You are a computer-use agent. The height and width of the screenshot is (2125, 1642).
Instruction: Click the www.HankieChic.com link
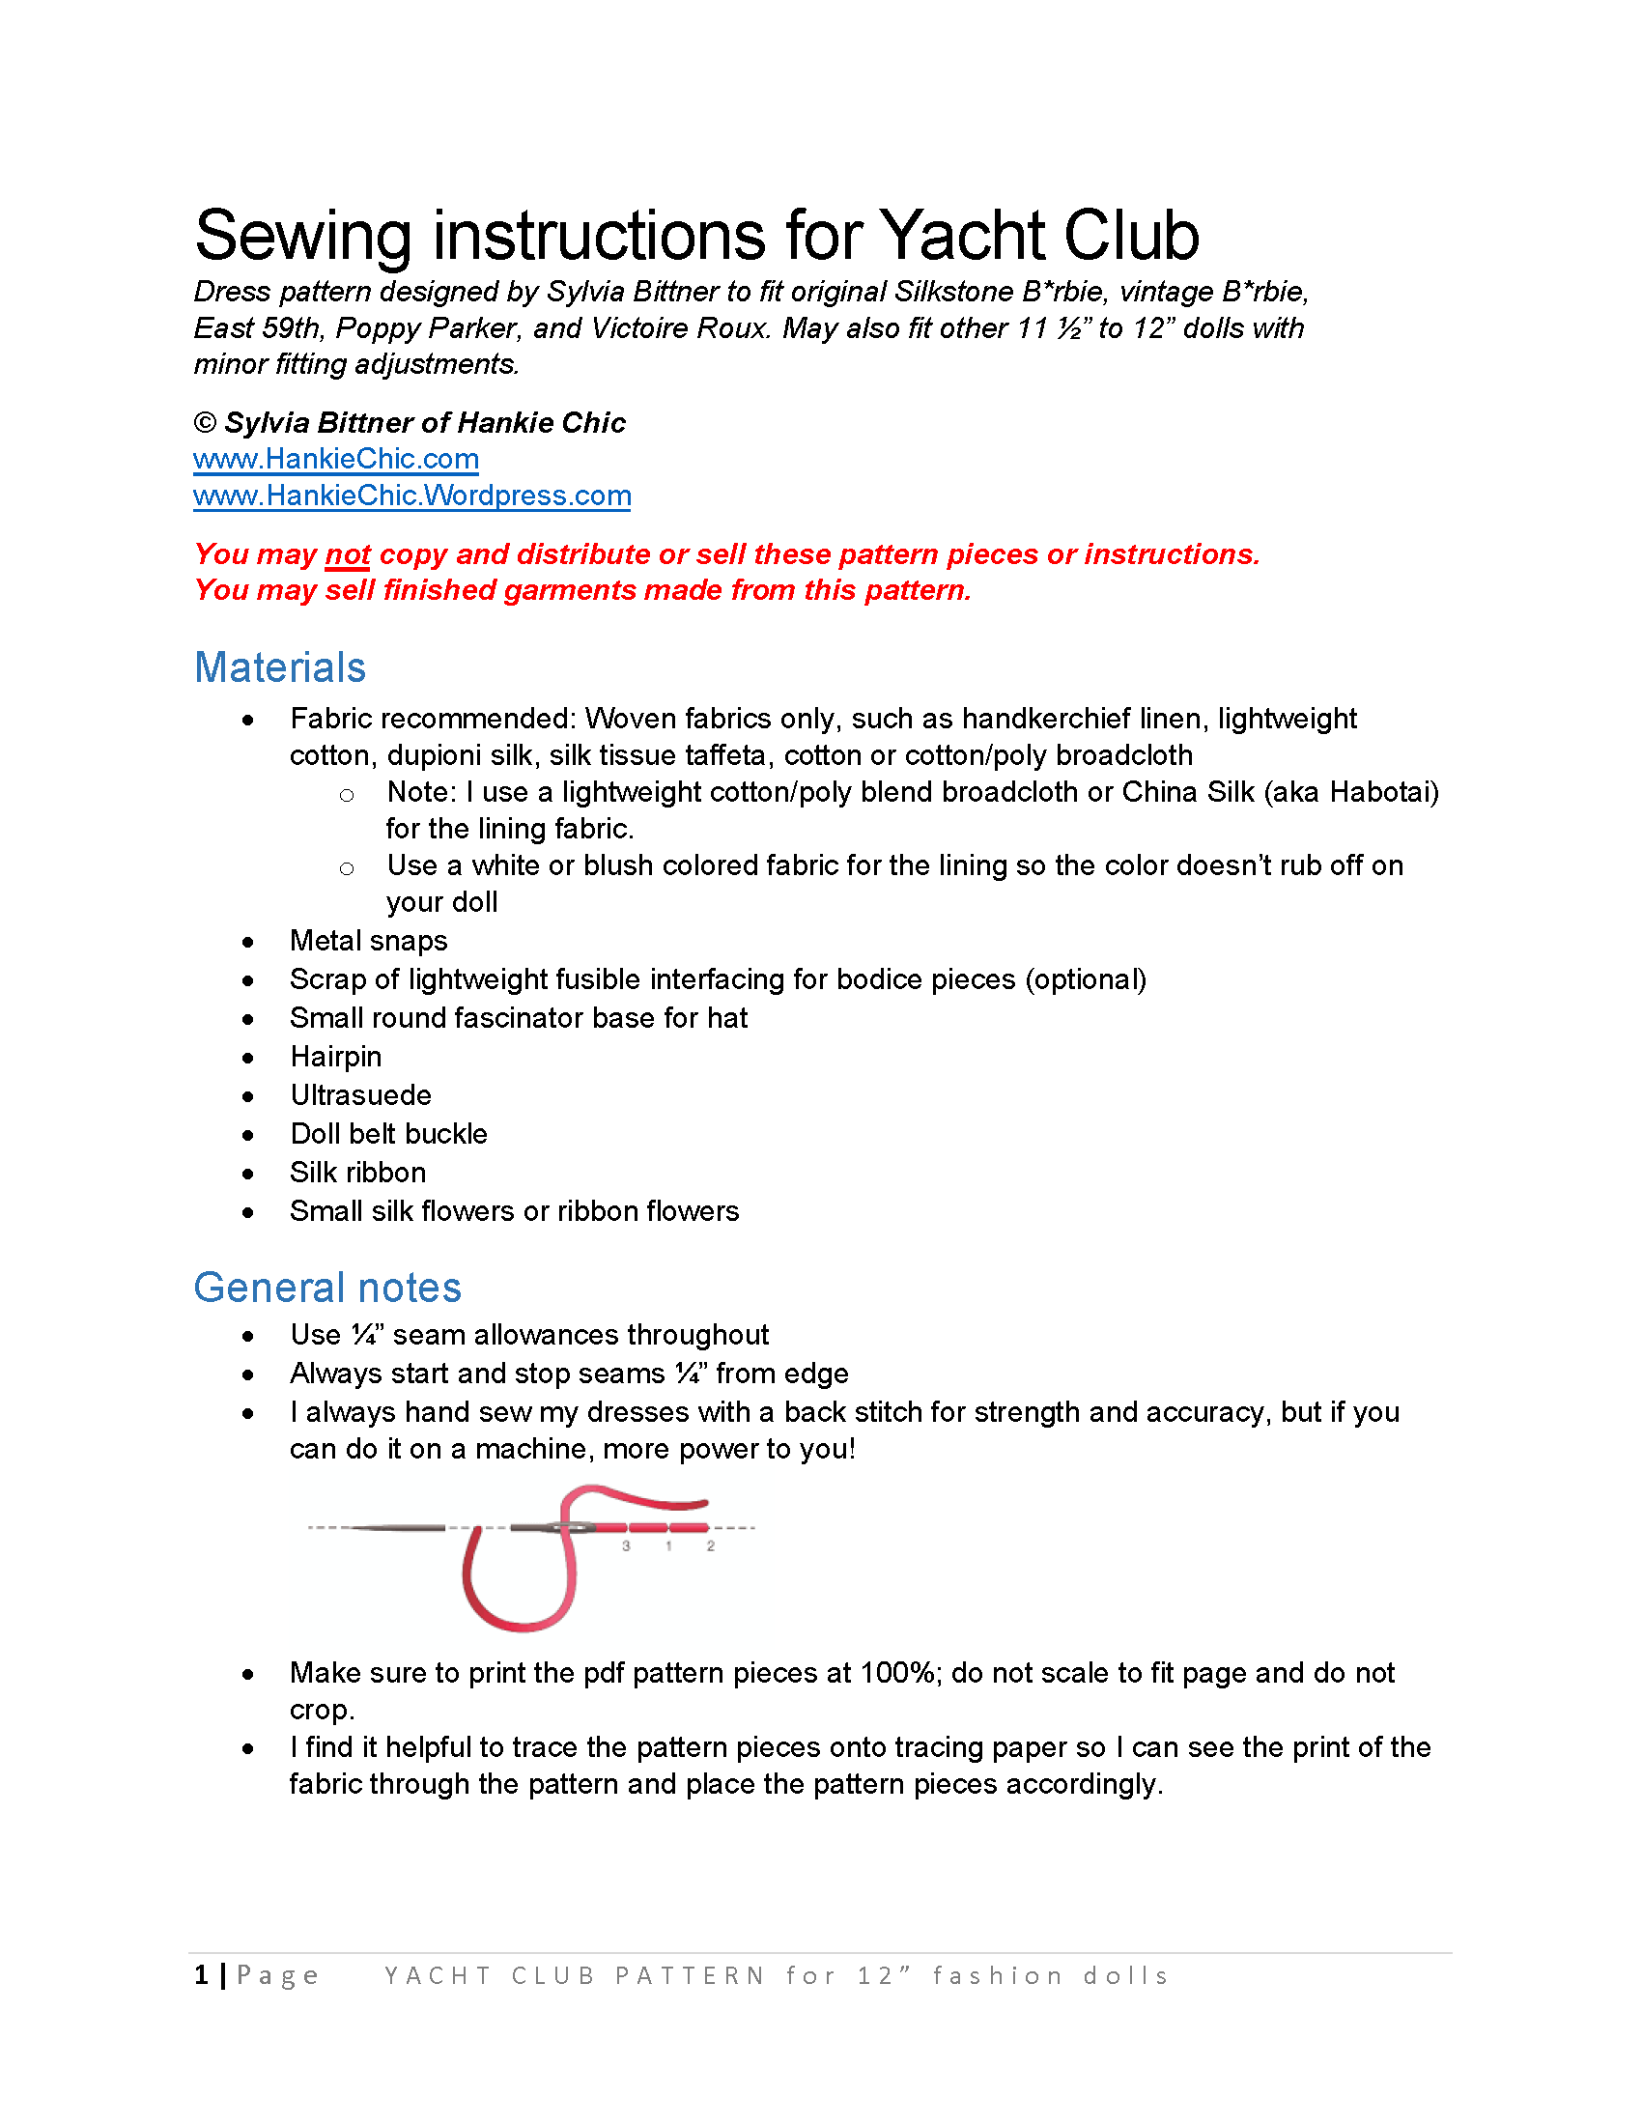click(x=335, y=458)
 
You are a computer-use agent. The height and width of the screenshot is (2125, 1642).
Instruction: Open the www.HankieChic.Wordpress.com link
click(x=411, y=496)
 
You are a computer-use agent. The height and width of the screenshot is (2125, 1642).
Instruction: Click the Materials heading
click(x=279, y=667)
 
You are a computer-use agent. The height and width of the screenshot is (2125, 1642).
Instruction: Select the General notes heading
click(x=326, y=1288)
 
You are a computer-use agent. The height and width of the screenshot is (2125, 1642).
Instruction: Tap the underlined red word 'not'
click(x=348, y=554)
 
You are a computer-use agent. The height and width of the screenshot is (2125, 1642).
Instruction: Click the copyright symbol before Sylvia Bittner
click(x=204, y=422)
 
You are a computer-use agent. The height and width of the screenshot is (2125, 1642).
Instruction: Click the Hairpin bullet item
click(x=335, y=1057)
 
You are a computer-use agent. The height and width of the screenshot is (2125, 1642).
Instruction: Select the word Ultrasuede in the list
click(x=360, y=1095)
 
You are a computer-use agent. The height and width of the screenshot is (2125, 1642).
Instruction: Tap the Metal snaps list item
click(x=369, y=941)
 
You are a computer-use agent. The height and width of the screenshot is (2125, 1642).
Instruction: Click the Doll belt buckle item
click(x=388, y=1134)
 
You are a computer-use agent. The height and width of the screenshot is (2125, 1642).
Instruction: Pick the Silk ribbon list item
click(x=357, y=1173)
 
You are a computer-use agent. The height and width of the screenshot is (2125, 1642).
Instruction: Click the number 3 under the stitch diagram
click(x=627, y=1546)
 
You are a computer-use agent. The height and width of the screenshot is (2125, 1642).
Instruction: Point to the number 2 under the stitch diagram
click(x=711, y=1546)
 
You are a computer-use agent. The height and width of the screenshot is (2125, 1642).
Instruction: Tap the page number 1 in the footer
click(x=201, y=1974)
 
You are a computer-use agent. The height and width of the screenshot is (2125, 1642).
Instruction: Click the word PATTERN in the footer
click(x=690, y=1975)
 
